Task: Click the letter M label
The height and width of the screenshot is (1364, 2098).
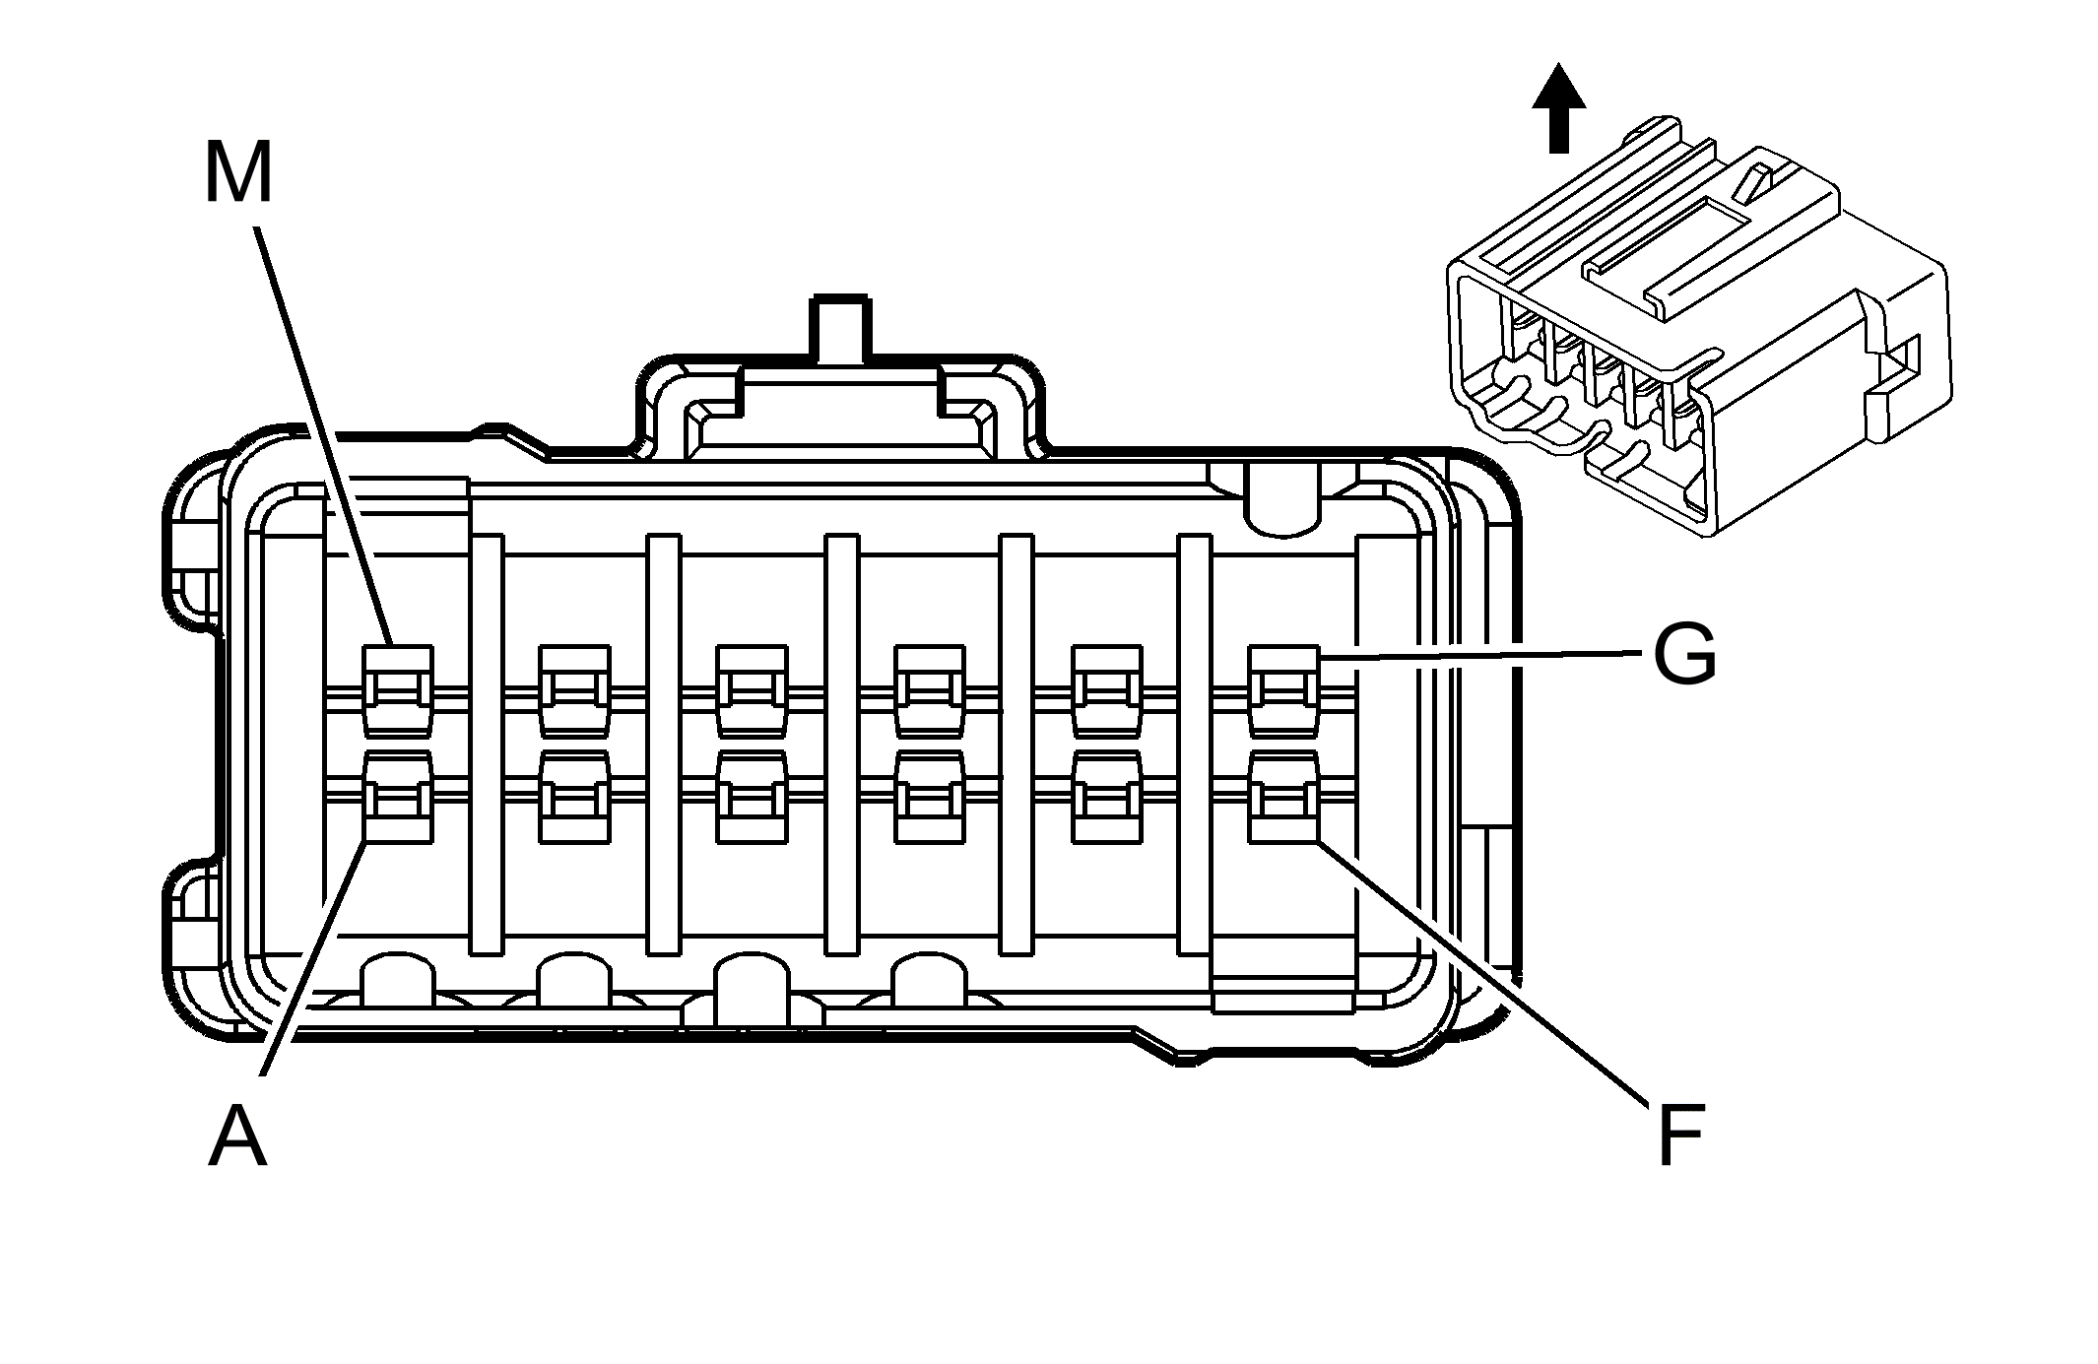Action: (237, 173)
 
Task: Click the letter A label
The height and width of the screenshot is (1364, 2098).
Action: (237, 1137)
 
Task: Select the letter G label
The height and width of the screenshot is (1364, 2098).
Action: (1684, 656)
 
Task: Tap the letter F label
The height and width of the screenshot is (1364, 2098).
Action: (1679, 1137)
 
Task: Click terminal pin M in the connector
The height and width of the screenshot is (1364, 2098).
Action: (398, 691)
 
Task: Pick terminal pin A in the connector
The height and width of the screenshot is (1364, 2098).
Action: (398, 798)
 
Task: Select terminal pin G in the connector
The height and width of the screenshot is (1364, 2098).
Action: (1283, 691)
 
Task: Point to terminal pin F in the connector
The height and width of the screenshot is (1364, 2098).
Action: (1283, 798)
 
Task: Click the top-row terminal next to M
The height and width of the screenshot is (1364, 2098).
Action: (574, 691)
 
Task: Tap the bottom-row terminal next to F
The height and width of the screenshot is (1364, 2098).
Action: (1106, 798)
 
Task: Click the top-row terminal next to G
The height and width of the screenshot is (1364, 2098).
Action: (1106, 691)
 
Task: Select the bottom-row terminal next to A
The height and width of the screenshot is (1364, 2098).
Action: (574, 798)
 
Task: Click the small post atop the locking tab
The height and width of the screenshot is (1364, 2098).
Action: (839, 330)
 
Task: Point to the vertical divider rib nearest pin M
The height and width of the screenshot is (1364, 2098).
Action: (486, 745)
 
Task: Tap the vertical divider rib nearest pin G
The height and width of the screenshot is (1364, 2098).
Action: (1194, 745)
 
